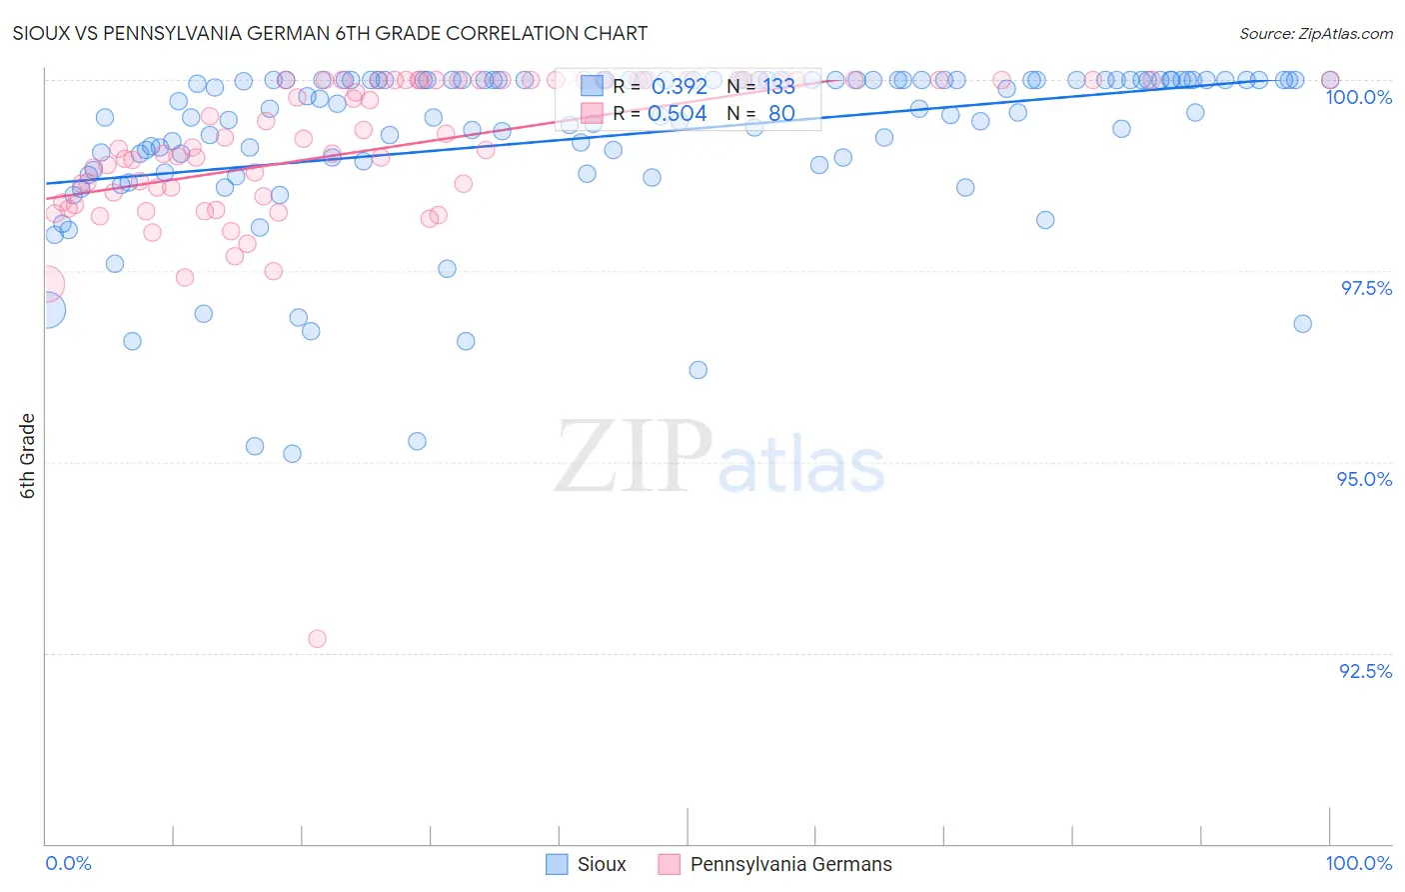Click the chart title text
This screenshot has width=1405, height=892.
pos(330,33)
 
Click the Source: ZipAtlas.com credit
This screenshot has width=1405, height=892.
pos(1315,34)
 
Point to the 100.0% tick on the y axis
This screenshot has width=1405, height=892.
pos(1358,97)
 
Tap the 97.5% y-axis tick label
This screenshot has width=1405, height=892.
pos(1365,288)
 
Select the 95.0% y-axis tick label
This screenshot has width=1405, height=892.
pos(1364,479)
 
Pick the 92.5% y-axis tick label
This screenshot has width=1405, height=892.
pos(1365,671)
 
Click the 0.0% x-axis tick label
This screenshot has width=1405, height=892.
pos(68,863)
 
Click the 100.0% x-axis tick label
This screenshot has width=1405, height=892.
pos(1358,863)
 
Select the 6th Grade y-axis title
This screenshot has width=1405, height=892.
pos(28,456)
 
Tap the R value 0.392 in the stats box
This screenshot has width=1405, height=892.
pos(679,87)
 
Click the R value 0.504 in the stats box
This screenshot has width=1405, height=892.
pos(677,114)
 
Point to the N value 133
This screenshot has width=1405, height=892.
pos(778,87)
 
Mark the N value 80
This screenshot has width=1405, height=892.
pos(780,114)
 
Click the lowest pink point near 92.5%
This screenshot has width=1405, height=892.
pos(317,638)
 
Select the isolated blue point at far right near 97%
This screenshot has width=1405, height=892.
pos(1302,323)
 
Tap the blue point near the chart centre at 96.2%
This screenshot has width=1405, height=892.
pos(698,370)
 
